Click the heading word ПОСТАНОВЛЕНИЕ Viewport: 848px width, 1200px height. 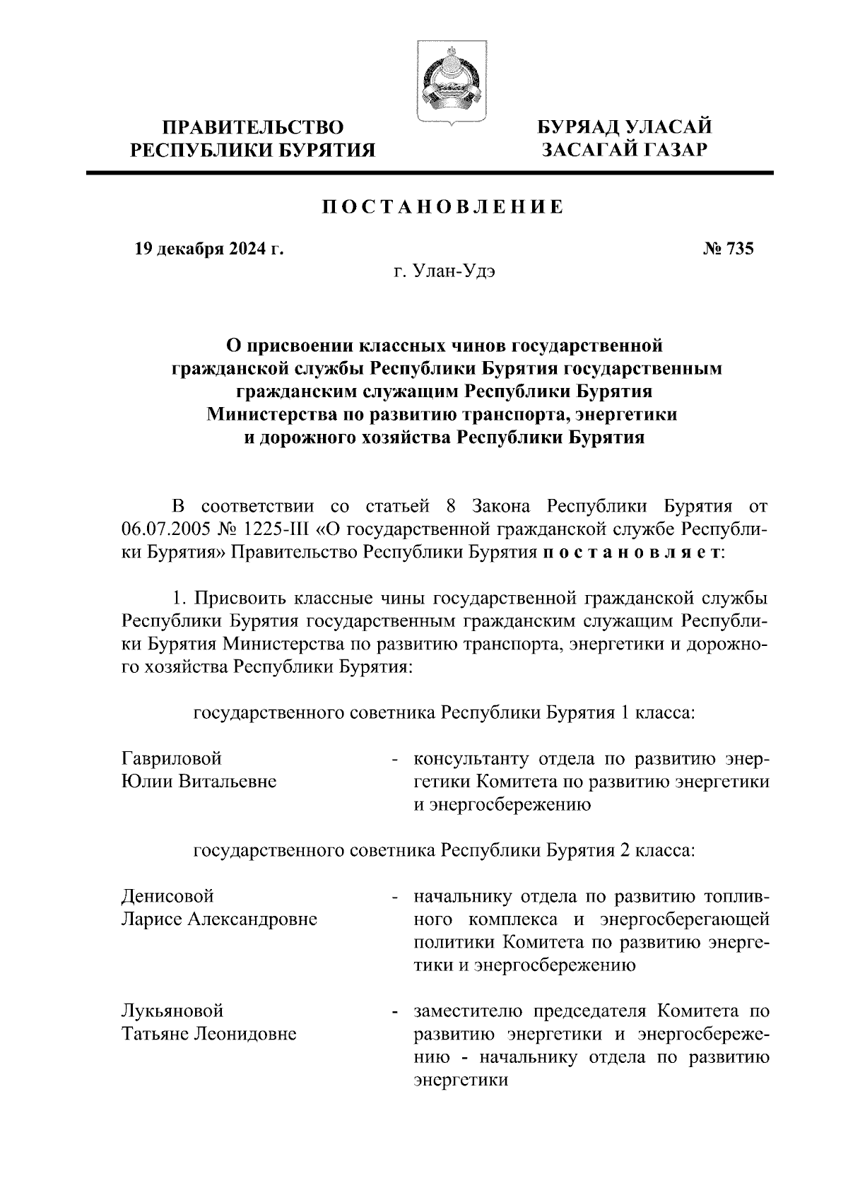pos(443,208)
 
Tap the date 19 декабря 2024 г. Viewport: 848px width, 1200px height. pos(209,249)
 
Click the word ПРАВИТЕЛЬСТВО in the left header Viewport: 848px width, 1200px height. pos(253,128)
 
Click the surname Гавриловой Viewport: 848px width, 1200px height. pos(172,758)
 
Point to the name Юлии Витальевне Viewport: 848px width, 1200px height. pos(199,782)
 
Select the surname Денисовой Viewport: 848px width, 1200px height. pos(167,896)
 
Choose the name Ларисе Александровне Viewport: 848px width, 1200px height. pos(219,919)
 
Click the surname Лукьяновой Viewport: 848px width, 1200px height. pos(172,1011)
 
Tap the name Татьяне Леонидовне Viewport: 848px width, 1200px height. pos(208,1034)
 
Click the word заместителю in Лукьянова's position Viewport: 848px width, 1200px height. pos(466,1011)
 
